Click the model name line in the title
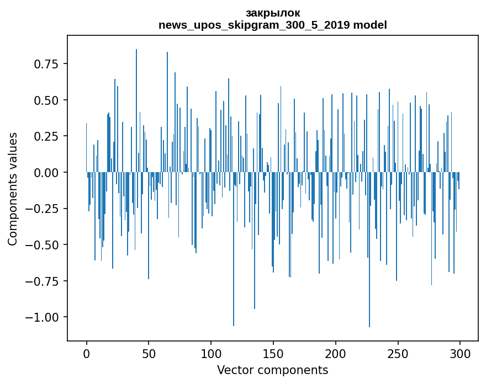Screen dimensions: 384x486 coord(273,25)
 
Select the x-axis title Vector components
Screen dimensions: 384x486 coord(273,370)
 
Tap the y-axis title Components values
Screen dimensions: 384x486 coord(13,189)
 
